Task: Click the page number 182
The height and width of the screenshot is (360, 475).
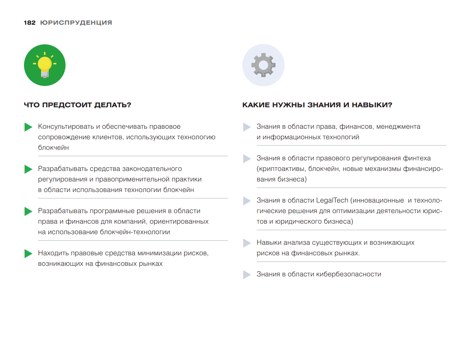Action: click(29, 23)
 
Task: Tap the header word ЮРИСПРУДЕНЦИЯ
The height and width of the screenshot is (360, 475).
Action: click(76, 23)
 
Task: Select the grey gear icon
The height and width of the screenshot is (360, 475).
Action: click(263, 65)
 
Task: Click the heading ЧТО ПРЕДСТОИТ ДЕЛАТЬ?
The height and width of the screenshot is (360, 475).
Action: click(77, 105)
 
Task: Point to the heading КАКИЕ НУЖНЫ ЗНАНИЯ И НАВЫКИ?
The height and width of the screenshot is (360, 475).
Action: click(317, 105)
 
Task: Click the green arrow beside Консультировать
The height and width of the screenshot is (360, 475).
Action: click(28, 127)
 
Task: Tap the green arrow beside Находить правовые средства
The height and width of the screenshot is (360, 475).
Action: click(28, 253)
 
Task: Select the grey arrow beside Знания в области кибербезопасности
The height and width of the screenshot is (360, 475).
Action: click(247, 275)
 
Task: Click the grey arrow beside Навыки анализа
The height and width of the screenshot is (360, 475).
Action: click(247, 243)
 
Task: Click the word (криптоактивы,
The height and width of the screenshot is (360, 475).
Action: click(281, 169)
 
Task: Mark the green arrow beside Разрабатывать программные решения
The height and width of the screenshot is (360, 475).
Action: click(28, 211)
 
